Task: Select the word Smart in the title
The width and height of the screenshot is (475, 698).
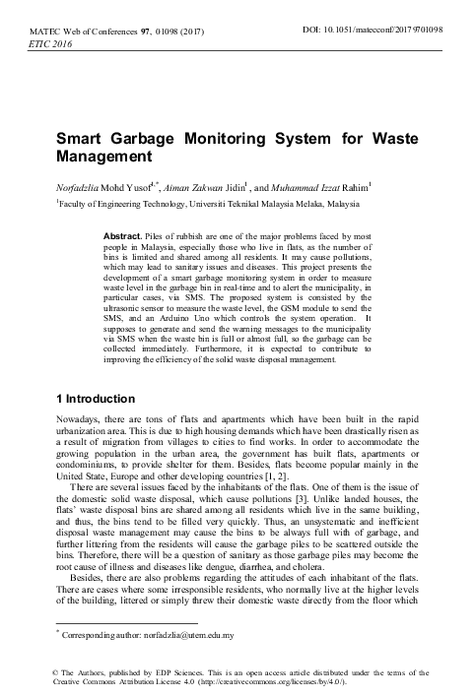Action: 78,139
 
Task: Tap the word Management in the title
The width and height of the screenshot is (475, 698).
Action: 102,156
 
